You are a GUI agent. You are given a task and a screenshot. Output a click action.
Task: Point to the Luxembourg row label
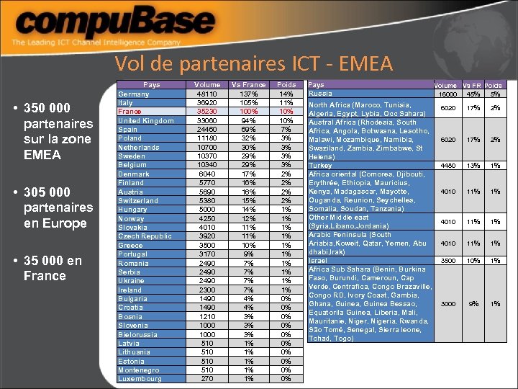pos(140,379)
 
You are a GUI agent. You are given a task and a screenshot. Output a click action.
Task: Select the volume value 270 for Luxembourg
pos(207,379)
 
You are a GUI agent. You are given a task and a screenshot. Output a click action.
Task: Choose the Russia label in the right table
pos(320,94)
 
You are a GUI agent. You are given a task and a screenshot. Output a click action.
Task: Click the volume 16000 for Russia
pos(447,94)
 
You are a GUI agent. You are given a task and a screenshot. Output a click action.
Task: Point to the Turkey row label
pos(321,165)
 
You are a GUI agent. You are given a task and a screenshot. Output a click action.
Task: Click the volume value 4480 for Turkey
pos(447,165)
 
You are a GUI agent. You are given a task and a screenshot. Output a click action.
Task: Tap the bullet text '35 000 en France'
pos(53,268)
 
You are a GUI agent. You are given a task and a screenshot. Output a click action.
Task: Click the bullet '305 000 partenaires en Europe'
pos(58,207)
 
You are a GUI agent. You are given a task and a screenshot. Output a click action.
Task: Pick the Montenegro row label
pos(140,370)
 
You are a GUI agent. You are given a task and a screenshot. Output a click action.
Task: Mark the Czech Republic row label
pos(145,236)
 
